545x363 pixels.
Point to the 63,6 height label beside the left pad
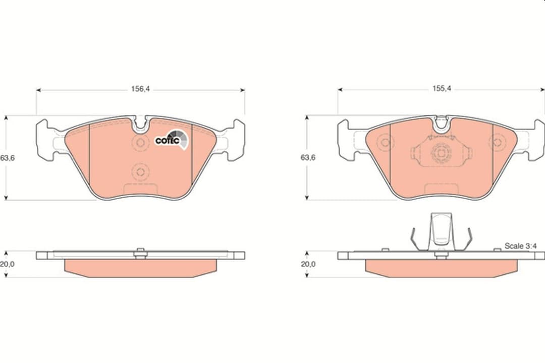tap(8, 158)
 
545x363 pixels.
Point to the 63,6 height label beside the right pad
tap(308, 158)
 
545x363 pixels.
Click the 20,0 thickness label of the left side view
tap(8, 264)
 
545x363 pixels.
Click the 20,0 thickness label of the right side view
tap(308, 264)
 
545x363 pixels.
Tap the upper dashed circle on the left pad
tap(139, 143)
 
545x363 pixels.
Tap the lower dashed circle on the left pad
tap(139, 172)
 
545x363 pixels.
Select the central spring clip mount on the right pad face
tap(441, 153)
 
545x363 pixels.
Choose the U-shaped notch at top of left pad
tap(140, 123)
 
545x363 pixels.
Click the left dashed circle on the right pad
tap(386, 142)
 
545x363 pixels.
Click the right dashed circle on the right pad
tap(498, 142)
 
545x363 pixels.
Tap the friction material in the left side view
tap(140, 268)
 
